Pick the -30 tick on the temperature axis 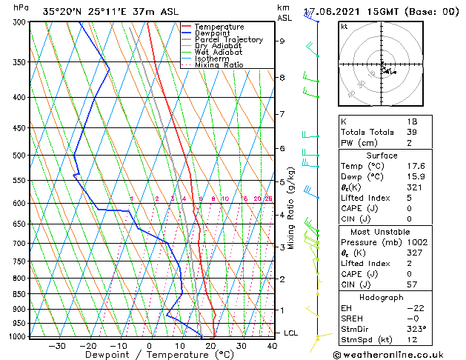click(x=57, y=346)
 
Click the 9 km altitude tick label click(x=282, y=41)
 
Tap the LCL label click(x=290, y=333)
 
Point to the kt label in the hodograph click(x=344, y=27)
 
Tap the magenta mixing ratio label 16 click(x=245, y=199)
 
